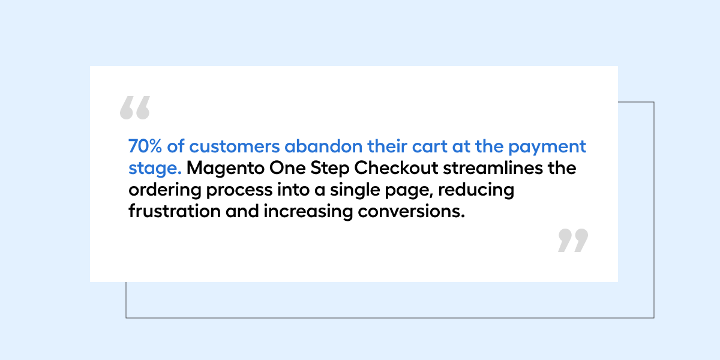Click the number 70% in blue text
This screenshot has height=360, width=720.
pos(145,146)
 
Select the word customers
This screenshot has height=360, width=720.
pos(235,146)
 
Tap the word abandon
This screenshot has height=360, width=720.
pos(323,146)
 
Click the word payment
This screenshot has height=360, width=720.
pos(547,148)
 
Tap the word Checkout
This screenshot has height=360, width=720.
pos(397,168)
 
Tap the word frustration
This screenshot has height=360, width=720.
pos(175,211)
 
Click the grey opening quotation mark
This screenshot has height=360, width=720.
pos(135,107)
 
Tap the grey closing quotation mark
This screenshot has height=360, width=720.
pos(573,241)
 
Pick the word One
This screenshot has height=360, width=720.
pos(287,168)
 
